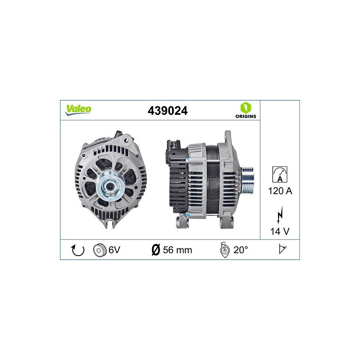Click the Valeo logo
coord(78,110)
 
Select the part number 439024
coord(168,111)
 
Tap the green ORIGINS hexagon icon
coord(246,108)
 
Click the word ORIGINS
coord(246,116)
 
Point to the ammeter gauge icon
coord(280,174)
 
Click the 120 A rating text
coord(280,191)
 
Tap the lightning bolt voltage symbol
coord(280,214)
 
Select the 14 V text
coord(280,231)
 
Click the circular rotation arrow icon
coord(78,250)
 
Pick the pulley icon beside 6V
coord(100,250)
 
